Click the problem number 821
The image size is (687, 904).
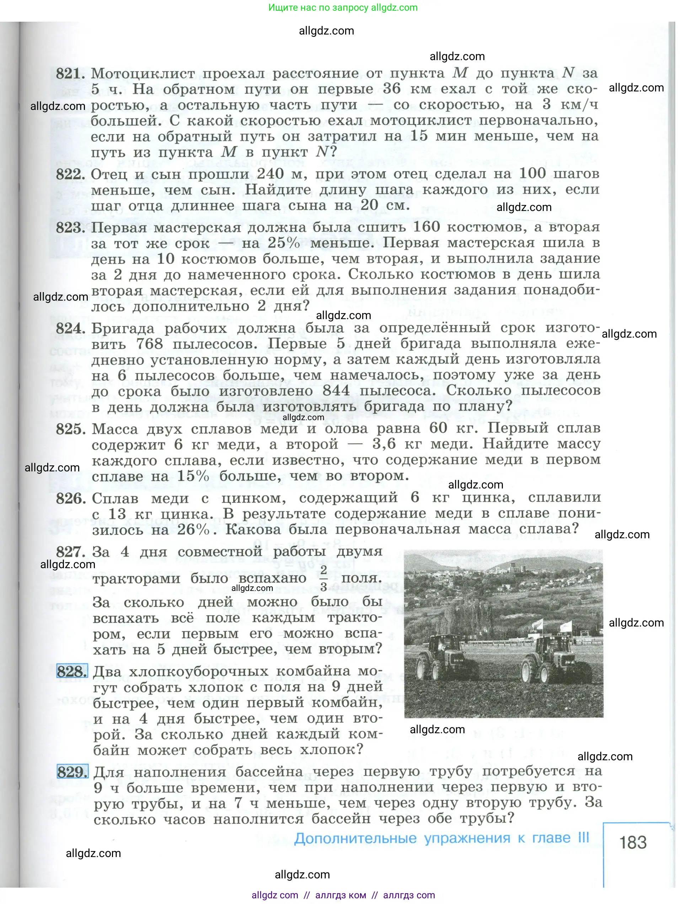point(70,74)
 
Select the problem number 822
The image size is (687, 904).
point(70,174)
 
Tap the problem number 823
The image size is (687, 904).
point(70,228)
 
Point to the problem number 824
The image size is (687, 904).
point(70,328)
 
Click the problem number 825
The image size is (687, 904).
point(70,429)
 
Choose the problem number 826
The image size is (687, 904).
point(71,498)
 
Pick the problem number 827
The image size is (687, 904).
point(71,552)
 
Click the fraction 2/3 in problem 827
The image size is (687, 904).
point(323,578)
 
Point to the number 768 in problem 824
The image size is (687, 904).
point(149,344)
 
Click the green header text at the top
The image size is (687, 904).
point(343,7)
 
